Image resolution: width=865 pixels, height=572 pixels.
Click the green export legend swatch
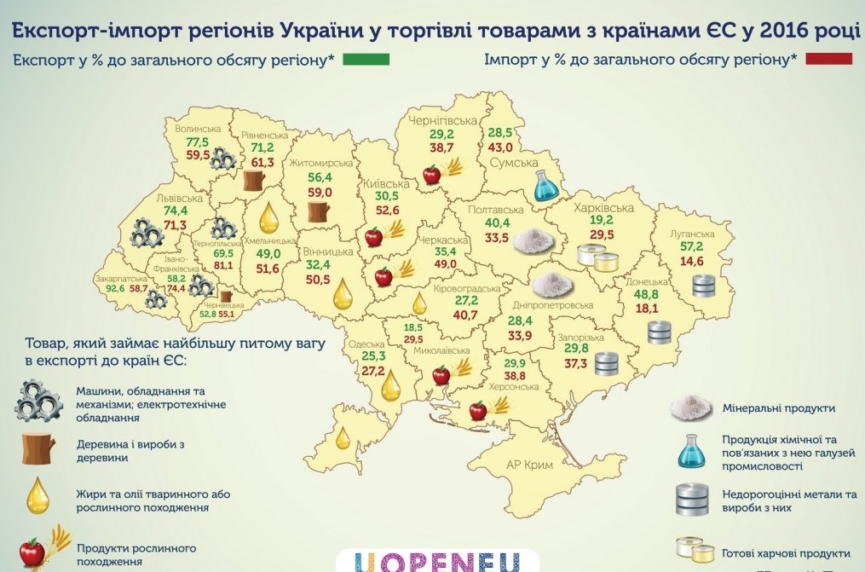pyautogui.click(x=368, y=61)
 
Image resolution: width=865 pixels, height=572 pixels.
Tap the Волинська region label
pyautogui.click(x=198, y=130)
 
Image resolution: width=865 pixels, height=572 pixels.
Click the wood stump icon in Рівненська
pyautogui.click(x=255, y=180)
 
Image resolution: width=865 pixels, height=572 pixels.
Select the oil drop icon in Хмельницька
pyautogui.click(x=268, y=217)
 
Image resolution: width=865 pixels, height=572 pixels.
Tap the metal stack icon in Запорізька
pyautogui.click(x=606, y=364)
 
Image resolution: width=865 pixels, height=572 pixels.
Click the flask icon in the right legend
pyautogui.click(x=693, y=450)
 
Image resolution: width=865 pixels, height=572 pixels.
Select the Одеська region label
pyautogui.click(x=367, y=345)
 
